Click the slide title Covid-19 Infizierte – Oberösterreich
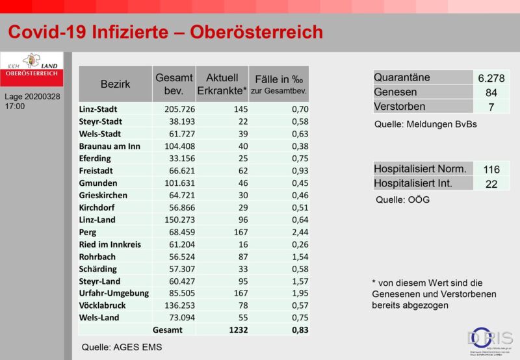(165, 32)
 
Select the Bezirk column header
(115, 84)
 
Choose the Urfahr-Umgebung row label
(114, 293)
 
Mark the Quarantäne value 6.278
(491, 78)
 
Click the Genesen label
(395, 92)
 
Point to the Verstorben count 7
(491, 107)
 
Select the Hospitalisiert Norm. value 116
(491, 170)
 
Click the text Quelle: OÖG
(402, 200)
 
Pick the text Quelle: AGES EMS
(122, 347)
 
